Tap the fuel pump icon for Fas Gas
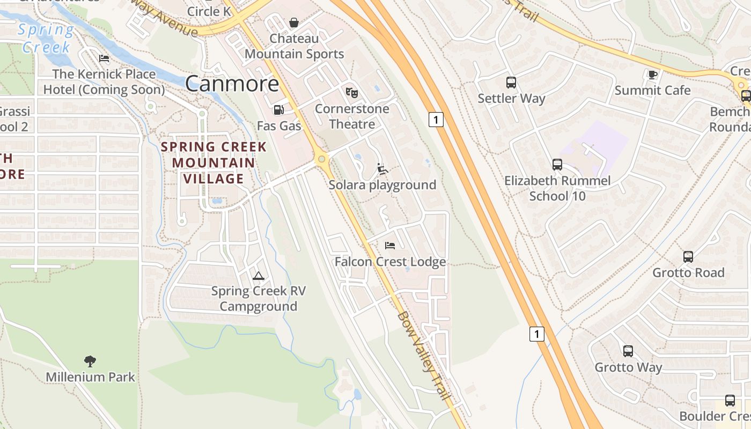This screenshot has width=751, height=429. pyautogui.click(x=278, y=110)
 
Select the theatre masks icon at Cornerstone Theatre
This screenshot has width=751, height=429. pyautogui.click(x=352, y=93)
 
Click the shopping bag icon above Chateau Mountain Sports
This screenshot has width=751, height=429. pyautogui.click(x=294, y=23)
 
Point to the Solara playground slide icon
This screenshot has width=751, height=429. pyautogui.click(x=382, y=169)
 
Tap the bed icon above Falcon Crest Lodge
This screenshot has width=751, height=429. pyautogui.click(x=390, y=246)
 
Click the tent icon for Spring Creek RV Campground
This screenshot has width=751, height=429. pyautogui.click(x=258, y=276)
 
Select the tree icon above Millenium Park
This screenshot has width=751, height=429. pyautogui.click(x=90, y=361)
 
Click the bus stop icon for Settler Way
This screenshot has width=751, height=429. pyautogui.click(x=511, y=83)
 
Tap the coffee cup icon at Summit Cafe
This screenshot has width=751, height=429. pyautogui.click(x=652, y=75)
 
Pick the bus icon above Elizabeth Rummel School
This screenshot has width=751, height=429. pyautogui.click(x=557, y=165)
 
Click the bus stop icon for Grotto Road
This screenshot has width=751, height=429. pyautogui.click(x=688, y=257)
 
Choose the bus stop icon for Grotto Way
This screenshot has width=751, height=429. pyautogui.click(x=628, y=351)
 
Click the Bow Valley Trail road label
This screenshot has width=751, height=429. pyautogui.click(x=423, y=356)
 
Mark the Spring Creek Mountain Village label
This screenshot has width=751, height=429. pyautogui.click(x=214, y=162)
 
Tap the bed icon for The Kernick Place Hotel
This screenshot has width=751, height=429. pyautogui.click(x=104, y=58)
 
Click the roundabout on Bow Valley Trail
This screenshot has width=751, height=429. pyautogui.click(x=321, y=159)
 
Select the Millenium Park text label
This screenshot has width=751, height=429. pyautogui.click(x=90, y=377)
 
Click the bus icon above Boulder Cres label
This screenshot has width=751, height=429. pyautogui.click(x=730, y=400)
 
